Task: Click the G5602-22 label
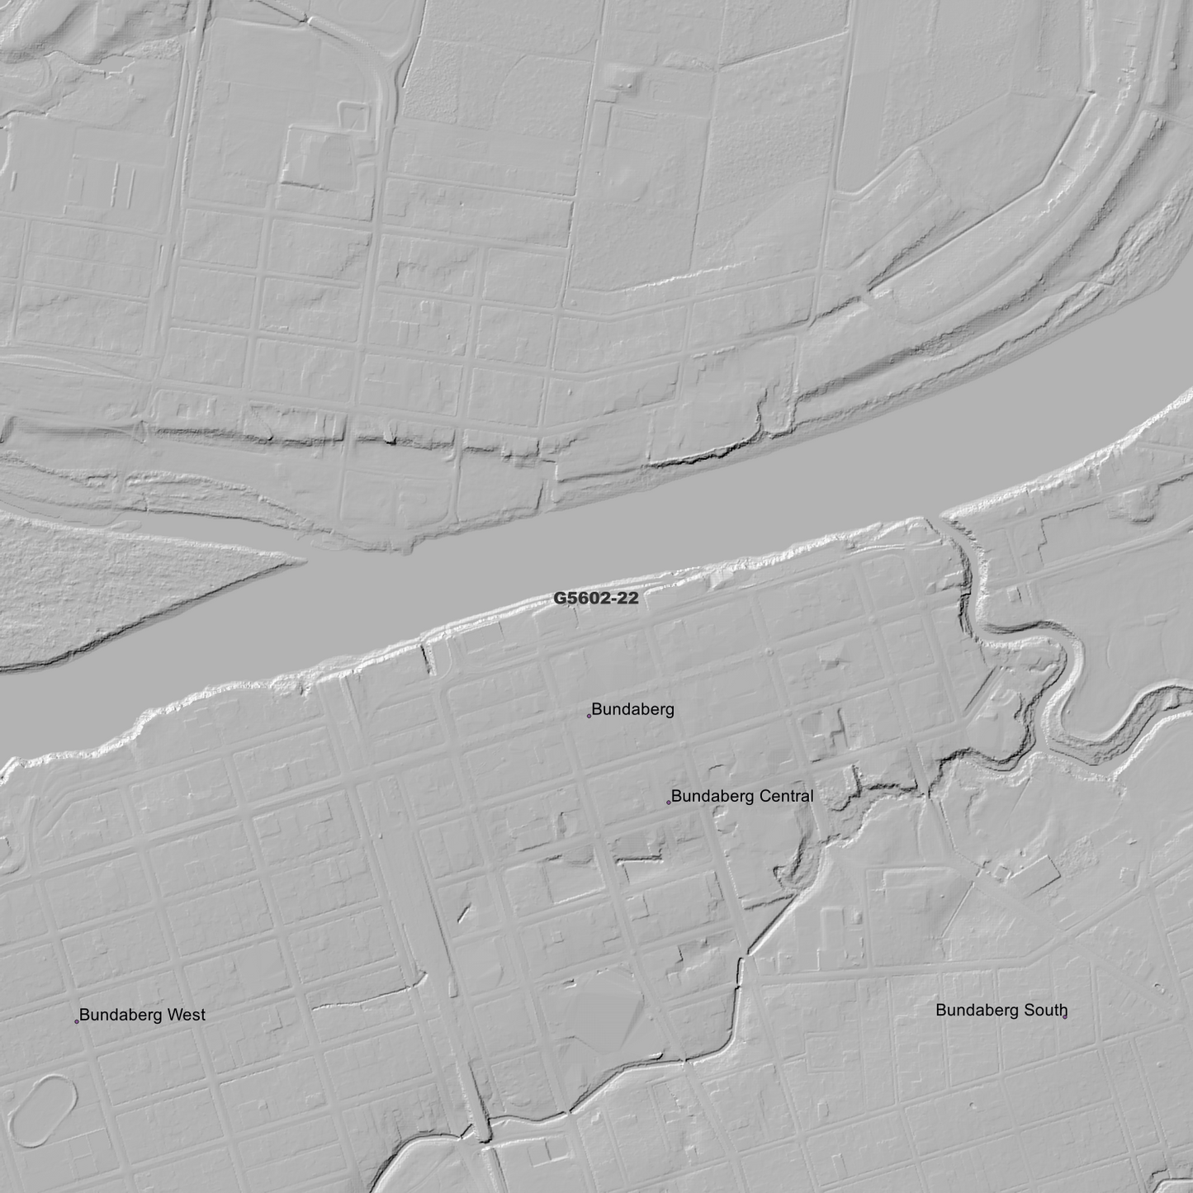click(x=595, y=599)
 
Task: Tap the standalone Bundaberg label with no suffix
click(x=632, y=709)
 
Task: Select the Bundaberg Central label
click(x=741, y=797)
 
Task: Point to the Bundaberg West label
click(x=142, y=1015)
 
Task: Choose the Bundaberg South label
click(x=1001, y=1010)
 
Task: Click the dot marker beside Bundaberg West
click(x=77, y=1021)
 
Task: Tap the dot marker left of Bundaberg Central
click(x=668, y=802)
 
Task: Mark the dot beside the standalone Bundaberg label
click(x=589, y=716)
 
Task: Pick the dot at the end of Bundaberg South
click(x=1065, y=1016)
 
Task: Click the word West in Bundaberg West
click(x=186, y=1015)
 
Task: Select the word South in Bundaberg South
click(x=1045, y=1010)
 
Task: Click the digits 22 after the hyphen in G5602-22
click(x=627, y=599)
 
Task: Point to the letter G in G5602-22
click(x=560, y=599)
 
